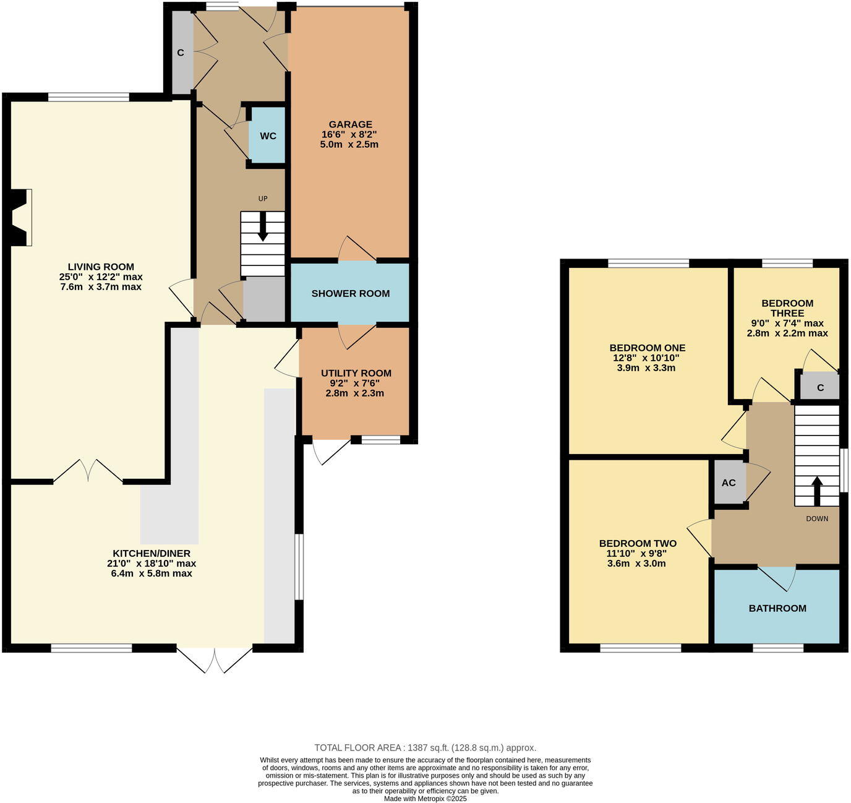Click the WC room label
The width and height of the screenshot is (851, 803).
268,136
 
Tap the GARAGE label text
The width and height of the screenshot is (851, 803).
350,124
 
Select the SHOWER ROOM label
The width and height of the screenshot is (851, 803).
350,293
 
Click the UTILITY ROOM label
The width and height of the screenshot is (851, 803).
356,373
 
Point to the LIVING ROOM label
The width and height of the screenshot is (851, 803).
101,267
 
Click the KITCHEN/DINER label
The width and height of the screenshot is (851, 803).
152,553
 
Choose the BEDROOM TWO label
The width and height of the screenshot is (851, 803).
638,543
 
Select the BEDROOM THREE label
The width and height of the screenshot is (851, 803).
787,308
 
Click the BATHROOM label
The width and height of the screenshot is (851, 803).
777,608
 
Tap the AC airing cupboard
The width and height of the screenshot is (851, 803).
729,483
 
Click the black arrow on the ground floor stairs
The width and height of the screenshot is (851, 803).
263,228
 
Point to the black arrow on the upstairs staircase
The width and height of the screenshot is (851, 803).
816,491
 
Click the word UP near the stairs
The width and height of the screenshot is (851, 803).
263,199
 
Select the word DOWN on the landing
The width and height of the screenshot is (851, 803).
816,518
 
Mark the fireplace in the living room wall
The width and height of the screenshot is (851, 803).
20,218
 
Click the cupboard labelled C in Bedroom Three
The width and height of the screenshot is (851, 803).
820,388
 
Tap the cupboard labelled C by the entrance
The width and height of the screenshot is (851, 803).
181,53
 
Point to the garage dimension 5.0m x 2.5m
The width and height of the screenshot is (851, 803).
350,145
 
